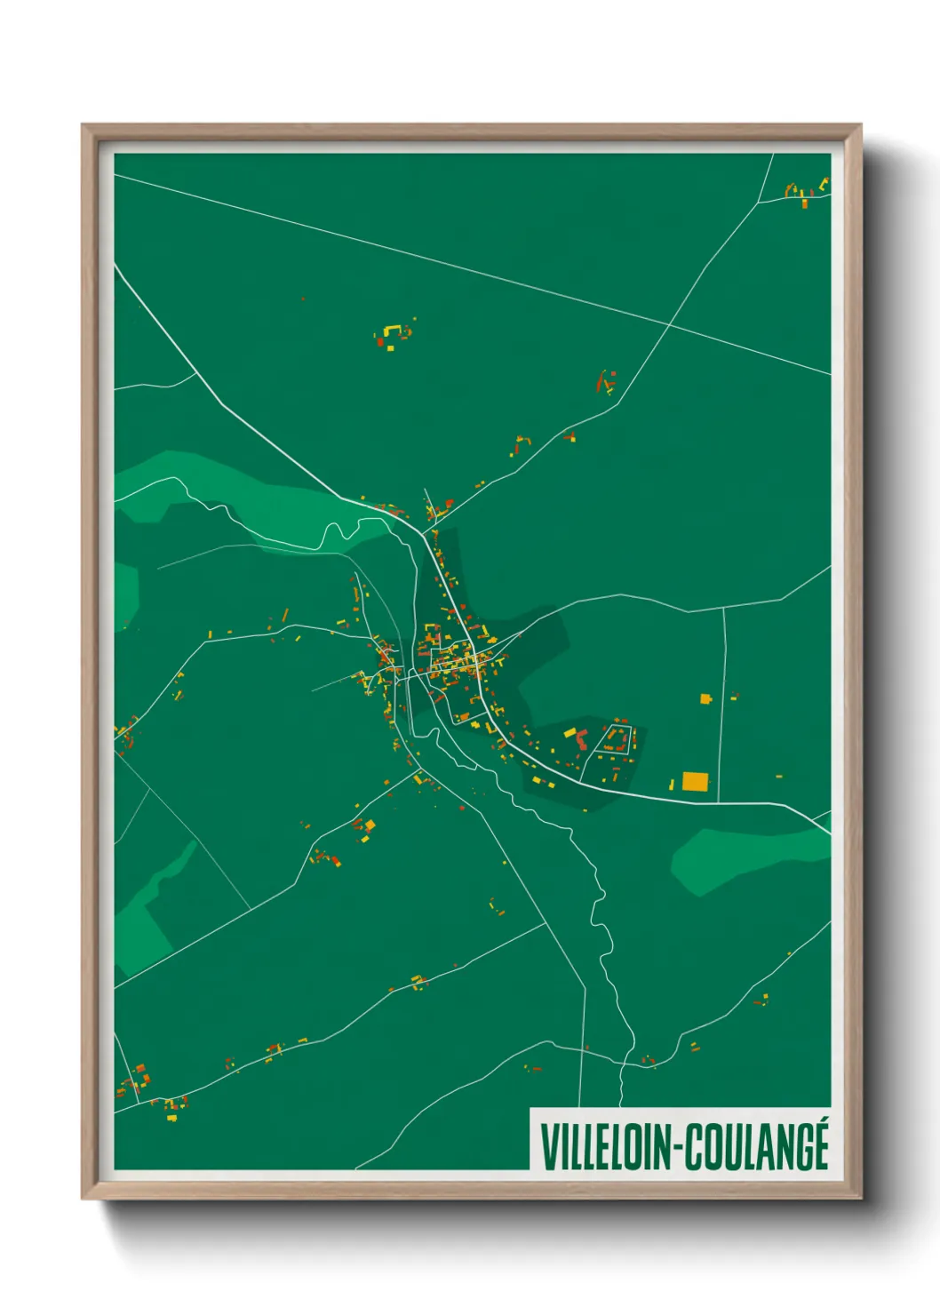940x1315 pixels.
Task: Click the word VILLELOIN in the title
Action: point(604,1147)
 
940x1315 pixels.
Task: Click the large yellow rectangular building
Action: point(695,782)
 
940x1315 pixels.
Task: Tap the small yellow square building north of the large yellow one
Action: point(706,699)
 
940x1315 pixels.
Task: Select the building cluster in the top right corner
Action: point(805,192)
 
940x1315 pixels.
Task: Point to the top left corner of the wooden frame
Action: point(84,126)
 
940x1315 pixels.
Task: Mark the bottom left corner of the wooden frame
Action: point(84,1198)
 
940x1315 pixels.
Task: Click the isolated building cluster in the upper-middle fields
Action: point(392,335)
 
